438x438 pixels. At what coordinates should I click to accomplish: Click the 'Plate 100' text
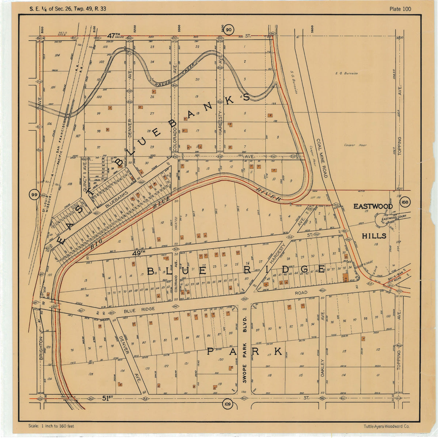coord(400,9)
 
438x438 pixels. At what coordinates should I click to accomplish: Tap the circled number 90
coord(229,30)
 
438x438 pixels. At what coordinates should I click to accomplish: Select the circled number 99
coord(34,195)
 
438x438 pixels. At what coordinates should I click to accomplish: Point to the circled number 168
coord(404,202)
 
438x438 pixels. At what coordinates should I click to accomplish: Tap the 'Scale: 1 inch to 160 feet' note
coord(51,426)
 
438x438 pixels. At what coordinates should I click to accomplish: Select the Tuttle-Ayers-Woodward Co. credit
coord(386,426)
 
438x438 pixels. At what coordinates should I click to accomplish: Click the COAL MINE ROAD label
coord(321,158)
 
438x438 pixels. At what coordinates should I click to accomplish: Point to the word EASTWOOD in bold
coord(373,207)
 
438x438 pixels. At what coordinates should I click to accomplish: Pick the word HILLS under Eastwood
coord(374,236)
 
